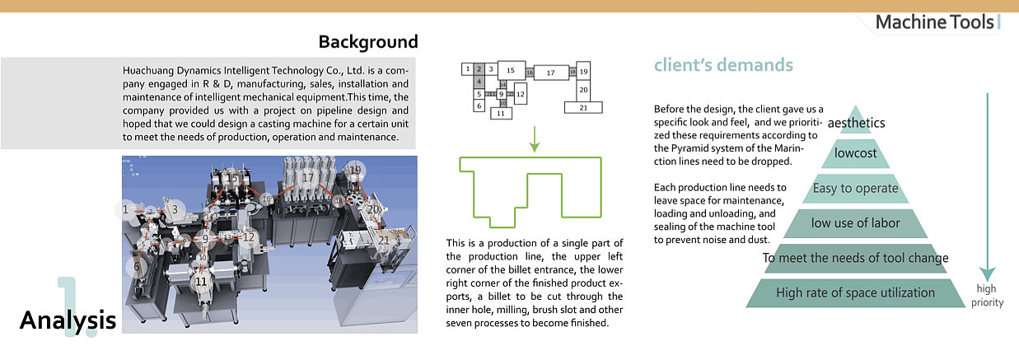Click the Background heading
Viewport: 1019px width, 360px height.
(x=368, y=42)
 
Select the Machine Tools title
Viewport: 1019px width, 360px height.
(x=934, y=22)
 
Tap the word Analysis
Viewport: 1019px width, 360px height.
(x=68, y=320)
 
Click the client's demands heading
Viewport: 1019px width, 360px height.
(x=723, y=65)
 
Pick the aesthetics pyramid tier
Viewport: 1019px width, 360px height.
(x=857, y=123)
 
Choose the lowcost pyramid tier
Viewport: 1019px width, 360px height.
(x=856, y=153)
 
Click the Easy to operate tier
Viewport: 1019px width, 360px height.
(x=856, y=188)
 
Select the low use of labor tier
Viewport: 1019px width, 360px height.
(x=856, y=222)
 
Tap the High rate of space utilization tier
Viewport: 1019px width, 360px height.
(x=856, y=292)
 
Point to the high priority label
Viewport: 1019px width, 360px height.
(x=986, y=296)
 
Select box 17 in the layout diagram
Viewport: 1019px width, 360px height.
(x=550, y=73)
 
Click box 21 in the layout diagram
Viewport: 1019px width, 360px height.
(x=583, y=107)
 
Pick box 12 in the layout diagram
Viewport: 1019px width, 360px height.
(x=521, y=95)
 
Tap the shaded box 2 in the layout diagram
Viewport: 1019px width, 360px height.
(x=479, y=69)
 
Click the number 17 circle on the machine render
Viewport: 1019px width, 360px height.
(x=307, y=177)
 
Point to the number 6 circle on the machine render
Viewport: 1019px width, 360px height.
(x=138, y=266)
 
